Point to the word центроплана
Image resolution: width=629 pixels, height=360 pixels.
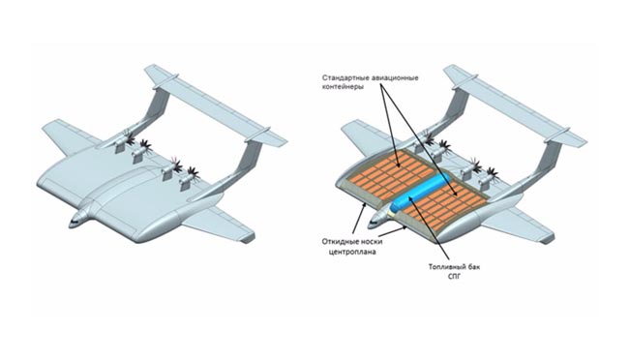click(x=352, y=252)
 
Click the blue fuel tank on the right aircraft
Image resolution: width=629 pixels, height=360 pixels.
click(x=419, y=195)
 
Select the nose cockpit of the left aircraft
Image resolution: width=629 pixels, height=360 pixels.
click(x=76, y=221)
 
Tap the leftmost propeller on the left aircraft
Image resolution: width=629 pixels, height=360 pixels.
click(x=129, y=136)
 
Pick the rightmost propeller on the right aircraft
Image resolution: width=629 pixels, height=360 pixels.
click(x=493, y=173)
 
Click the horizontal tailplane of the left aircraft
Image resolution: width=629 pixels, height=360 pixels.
click(x=216, y=105)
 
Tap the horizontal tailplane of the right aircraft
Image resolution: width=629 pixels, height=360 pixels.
click(x=516, y=105)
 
